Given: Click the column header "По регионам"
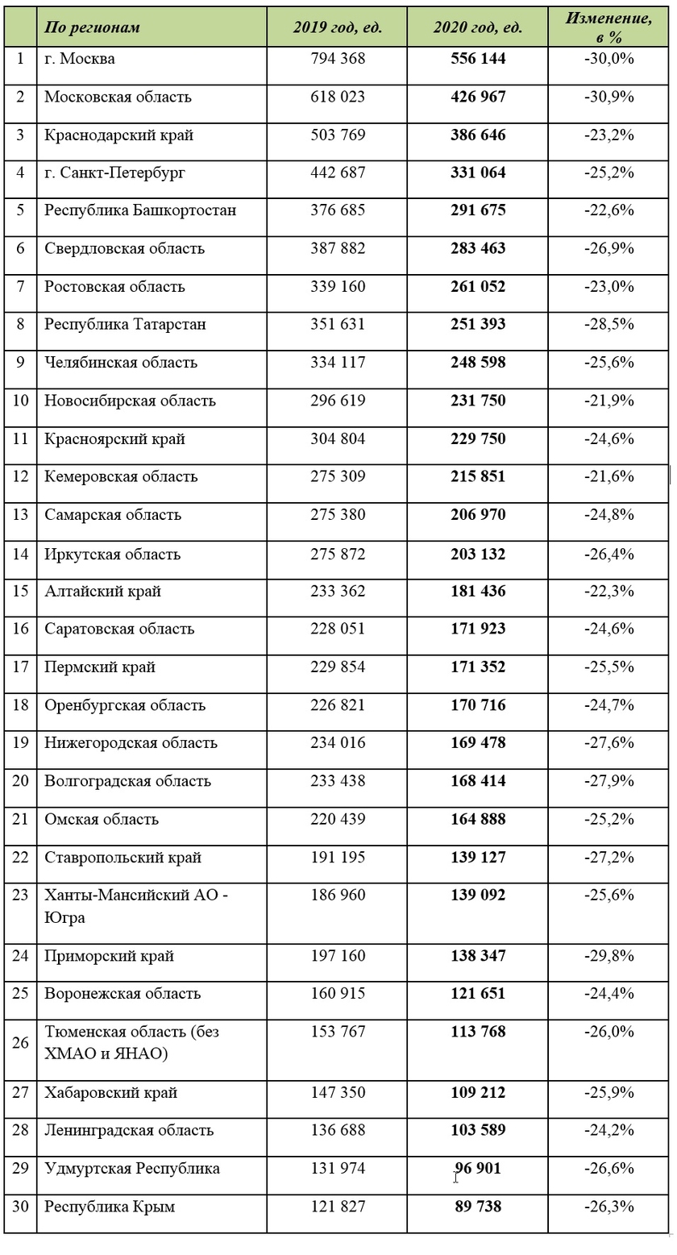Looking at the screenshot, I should pos(92,27).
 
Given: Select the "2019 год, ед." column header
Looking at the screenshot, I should pos(337,27).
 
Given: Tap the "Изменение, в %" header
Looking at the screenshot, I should pos(609,27).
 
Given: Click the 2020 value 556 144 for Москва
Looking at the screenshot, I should pos(478,59).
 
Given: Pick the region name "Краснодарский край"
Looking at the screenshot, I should pos(118,135).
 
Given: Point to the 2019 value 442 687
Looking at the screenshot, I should pos(338,172).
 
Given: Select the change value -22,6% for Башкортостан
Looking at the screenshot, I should pos(609,210).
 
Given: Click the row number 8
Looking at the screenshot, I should pos(20,324).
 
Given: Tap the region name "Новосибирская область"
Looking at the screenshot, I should pos(130,401).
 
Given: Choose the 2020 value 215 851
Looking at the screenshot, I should pos(478,476).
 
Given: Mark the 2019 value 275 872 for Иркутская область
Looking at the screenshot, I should pos(338,555).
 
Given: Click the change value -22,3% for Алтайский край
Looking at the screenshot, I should pos(609,591).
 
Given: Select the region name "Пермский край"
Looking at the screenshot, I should pos(100,667).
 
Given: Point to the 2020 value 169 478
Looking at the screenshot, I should pos(478,742).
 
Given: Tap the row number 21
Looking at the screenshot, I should pos(20,819).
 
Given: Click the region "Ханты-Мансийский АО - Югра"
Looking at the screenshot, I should pos(135,906).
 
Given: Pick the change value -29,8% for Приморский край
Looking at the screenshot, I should pos(609,956).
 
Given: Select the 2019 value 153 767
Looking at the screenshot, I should pos(338,1032).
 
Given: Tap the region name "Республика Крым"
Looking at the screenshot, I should pos(110,1207).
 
